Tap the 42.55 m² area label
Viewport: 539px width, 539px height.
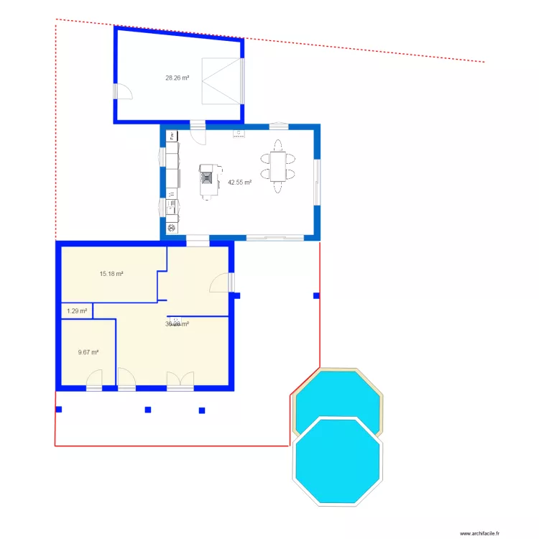click(239, 183)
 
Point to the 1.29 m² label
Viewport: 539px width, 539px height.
click(77, 311)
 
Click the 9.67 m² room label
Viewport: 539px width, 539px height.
click(88, 352)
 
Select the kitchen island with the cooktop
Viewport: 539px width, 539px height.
click(208, 180)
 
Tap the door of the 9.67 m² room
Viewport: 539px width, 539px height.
click(94, 379)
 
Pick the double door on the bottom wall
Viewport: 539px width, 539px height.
click(180, 380)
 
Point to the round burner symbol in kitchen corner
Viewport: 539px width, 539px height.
click(172, 229)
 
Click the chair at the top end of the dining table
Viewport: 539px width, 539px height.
click(277, 143)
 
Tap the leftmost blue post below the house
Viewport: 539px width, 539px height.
click(59, 410)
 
